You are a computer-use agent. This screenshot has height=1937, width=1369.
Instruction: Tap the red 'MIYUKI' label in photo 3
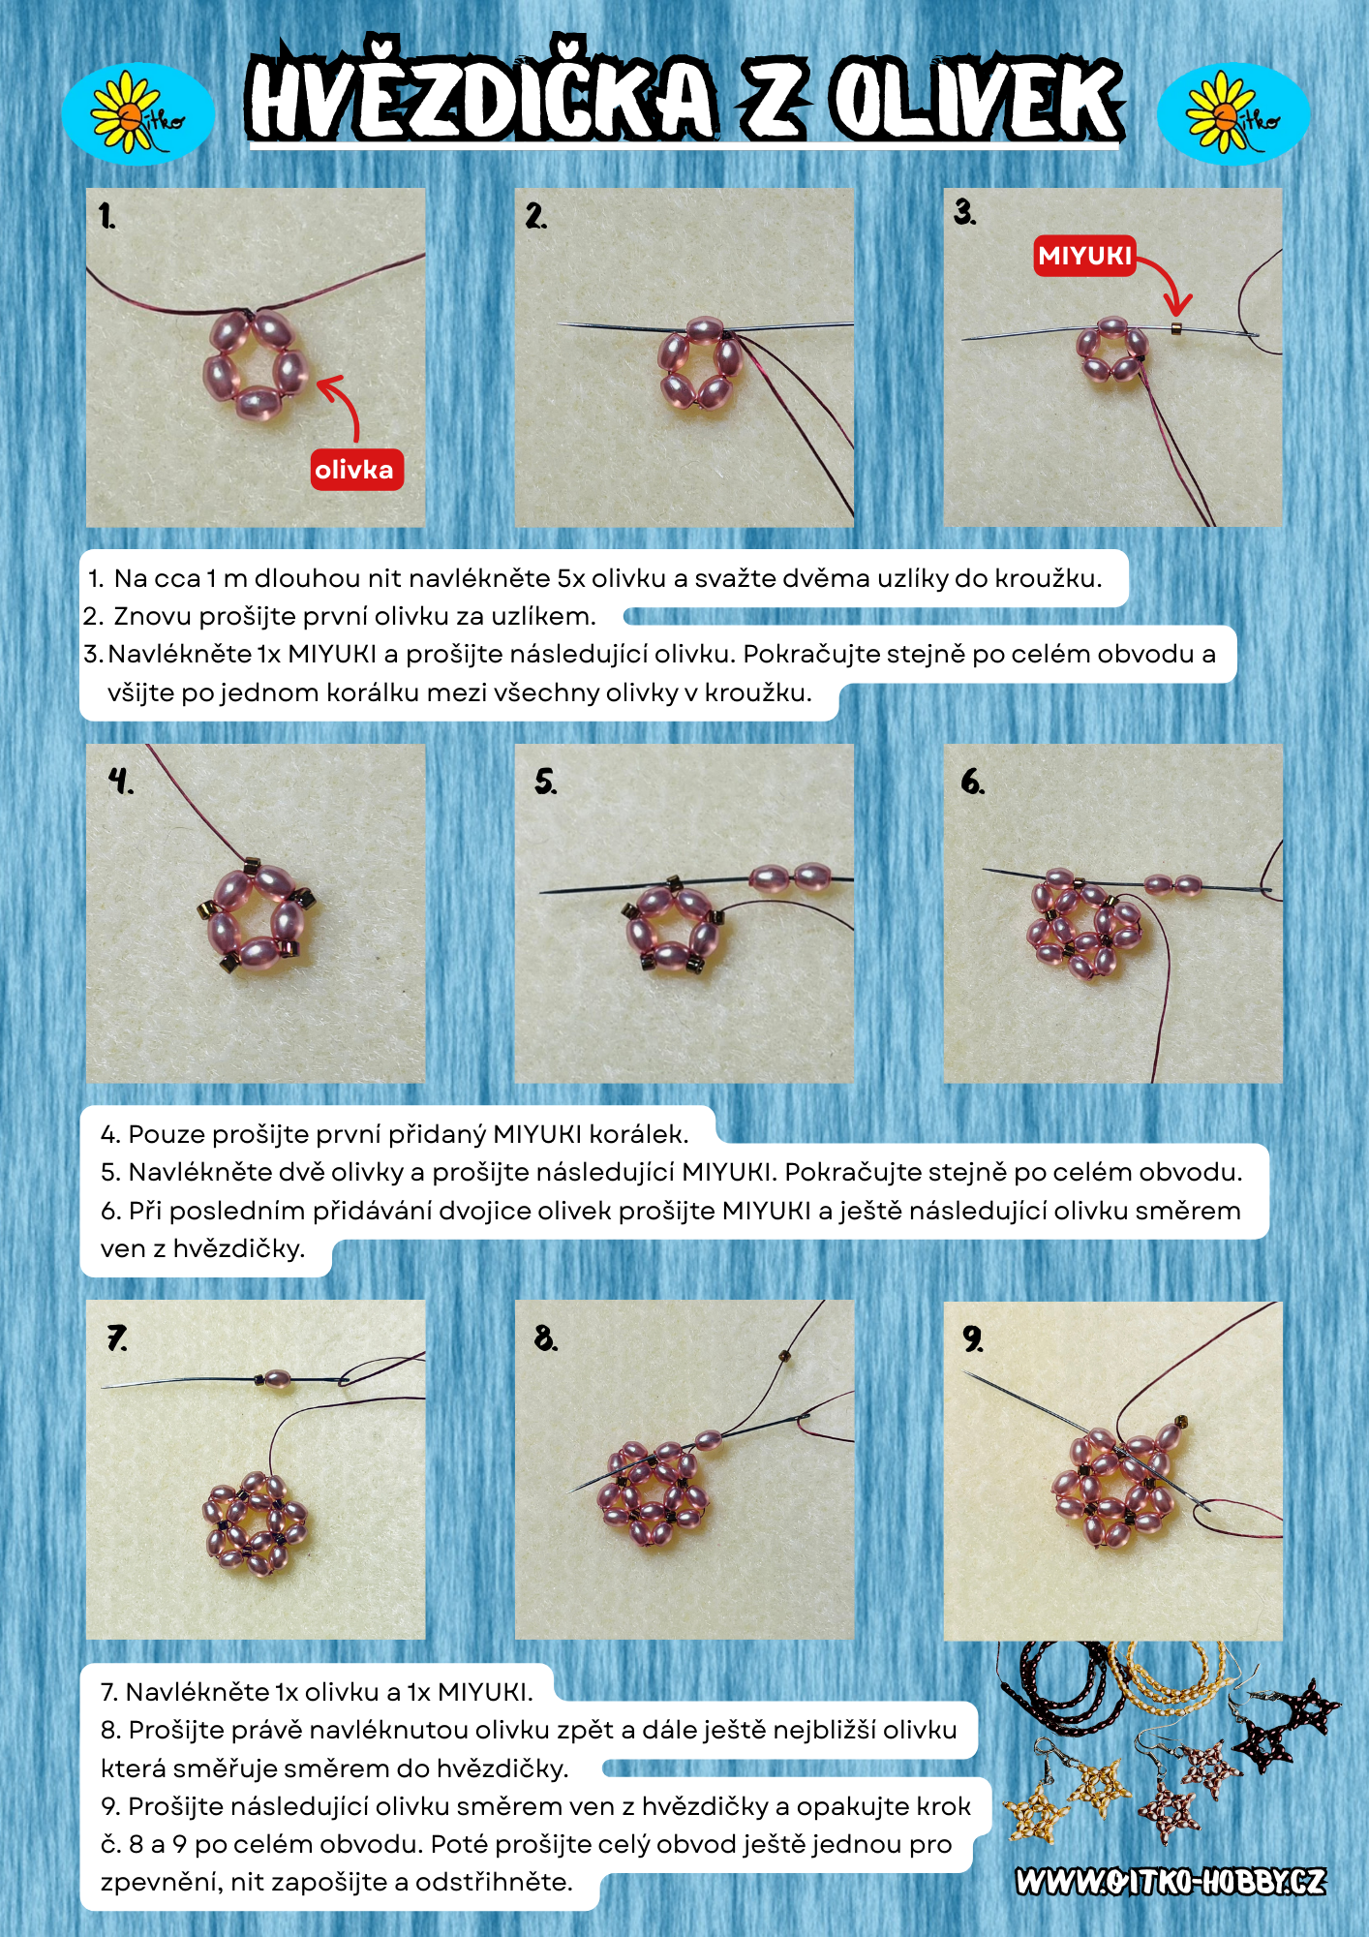tap(1084, 256)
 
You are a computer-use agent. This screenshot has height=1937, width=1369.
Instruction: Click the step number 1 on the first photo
tap(106, 216)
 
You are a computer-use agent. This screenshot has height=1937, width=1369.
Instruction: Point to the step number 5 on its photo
tap(545, 781)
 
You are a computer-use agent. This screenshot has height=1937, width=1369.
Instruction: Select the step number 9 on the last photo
tap(972, 1338)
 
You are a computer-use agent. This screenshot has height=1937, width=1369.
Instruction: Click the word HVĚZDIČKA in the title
tap(482, 98)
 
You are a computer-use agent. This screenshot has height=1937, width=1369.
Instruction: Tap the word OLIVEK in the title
tap(978, 100)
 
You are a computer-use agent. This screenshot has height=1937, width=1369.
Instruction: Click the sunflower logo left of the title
tap(137, 113)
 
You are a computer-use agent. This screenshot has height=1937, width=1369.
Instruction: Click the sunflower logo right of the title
tap(1233, 113)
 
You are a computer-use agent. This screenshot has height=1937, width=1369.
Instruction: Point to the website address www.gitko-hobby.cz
tap(1171, 1882)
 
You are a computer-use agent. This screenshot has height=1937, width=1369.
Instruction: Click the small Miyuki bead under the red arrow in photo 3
tap(1176, 328)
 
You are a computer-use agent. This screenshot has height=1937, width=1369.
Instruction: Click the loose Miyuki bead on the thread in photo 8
tap(784, 1357)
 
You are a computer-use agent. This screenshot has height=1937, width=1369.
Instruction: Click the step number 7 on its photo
tap(116, 1338)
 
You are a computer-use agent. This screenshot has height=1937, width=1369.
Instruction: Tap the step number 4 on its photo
tap(119, 781)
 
